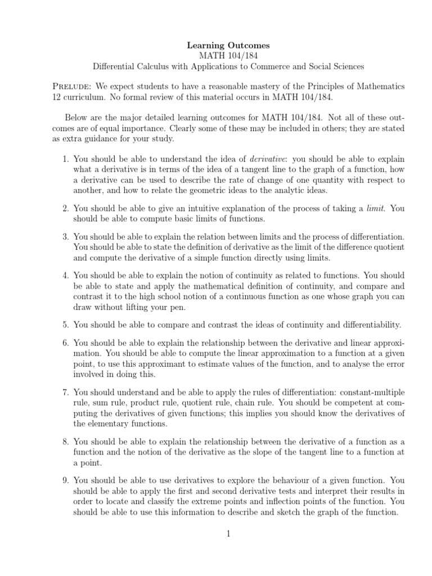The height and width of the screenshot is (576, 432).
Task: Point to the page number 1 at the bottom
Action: (x=229, y=534)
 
